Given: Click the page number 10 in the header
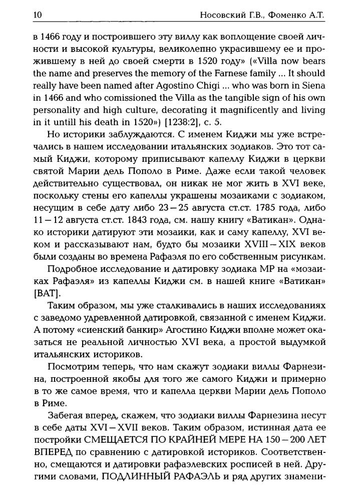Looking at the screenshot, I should tap(37, 15).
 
